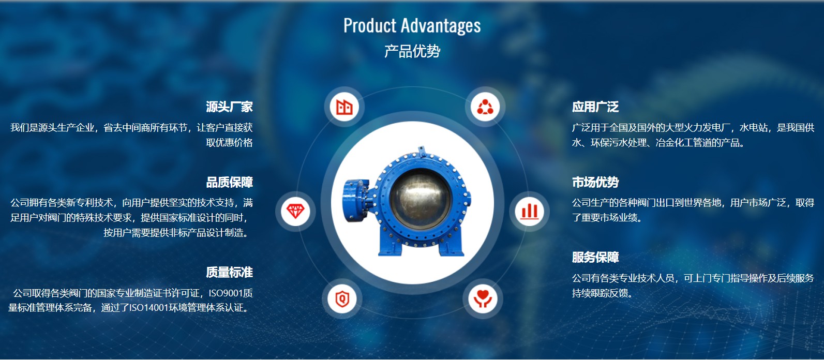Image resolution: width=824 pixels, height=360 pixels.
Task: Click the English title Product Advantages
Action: [x=412, y=26]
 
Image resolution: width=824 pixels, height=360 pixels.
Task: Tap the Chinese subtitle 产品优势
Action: [x=412, y=51]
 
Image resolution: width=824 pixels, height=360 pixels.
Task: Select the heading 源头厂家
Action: [x=229, y=107]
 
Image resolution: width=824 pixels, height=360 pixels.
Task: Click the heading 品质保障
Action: [x=229, y=182]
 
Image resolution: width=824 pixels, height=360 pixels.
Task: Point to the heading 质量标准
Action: [x=229, y=272]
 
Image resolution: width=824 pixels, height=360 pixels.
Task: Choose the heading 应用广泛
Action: [x=595, y=107]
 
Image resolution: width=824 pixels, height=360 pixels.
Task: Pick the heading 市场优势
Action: [x=595, y=182]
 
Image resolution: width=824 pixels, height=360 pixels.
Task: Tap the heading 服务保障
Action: [x=595, y=257]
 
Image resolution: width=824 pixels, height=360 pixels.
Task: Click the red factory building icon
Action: [x=344, y=107]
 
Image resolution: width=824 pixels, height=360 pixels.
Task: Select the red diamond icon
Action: [x=295, y=211]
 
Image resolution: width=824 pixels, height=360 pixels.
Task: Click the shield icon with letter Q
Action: [x=342, y=298]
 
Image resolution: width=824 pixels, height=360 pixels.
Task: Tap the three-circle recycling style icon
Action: [x=485, y=107]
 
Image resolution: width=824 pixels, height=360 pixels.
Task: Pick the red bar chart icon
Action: [x=529, y=212]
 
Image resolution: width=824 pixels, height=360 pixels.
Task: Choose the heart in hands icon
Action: [x=483, y=298]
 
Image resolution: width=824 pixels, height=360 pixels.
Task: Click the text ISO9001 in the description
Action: [x=226, y=293]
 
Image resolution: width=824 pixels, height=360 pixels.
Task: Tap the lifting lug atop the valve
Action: [x=422, y=151]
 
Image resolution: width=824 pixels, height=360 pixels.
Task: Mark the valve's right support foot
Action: [x=451, y=246]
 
